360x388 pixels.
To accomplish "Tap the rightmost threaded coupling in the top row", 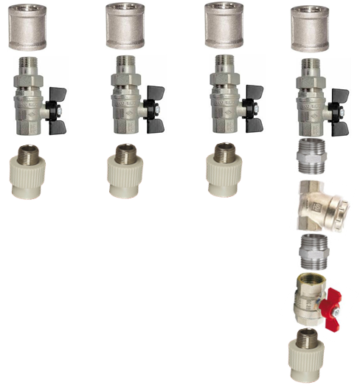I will coord(310,26).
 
